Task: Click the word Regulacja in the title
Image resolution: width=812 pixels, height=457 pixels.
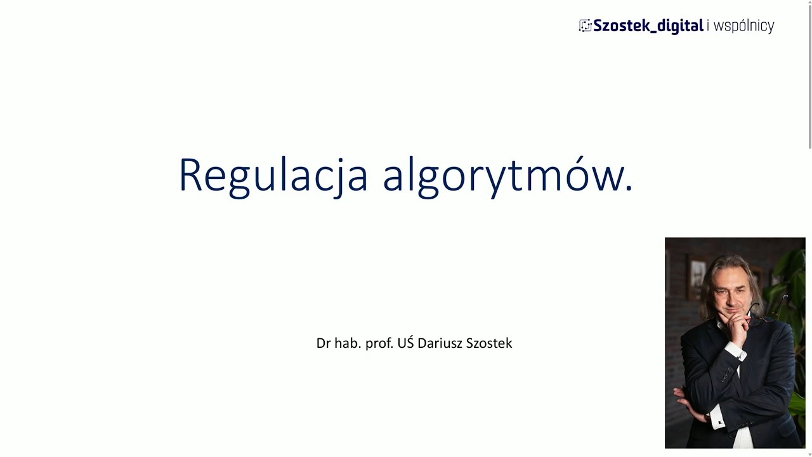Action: click(273, 175)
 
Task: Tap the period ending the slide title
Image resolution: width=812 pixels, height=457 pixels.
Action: click(629, 189)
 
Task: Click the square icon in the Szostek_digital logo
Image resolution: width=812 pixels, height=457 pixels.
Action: click(585, 25)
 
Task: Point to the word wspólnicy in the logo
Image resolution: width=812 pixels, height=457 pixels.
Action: click(743, 26)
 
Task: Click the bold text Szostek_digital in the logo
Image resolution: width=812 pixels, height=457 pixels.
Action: click(648, 26)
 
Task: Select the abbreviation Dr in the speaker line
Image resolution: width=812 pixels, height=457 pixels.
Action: click(324, 343)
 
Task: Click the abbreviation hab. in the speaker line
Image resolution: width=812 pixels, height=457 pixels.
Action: click(348, 343)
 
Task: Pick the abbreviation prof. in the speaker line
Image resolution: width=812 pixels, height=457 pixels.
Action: click(379, 343)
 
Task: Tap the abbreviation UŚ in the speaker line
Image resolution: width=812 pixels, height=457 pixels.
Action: click(405, 343)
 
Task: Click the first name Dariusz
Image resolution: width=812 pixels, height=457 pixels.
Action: click(440, 343)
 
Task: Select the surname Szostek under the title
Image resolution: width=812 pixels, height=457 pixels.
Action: click(489, 343)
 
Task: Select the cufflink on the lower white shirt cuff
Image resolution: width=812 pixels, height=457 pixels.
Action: click(721, 421)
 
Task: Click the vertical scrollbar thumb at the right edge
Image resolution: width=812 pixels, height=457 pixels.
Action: click(809, 76)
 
